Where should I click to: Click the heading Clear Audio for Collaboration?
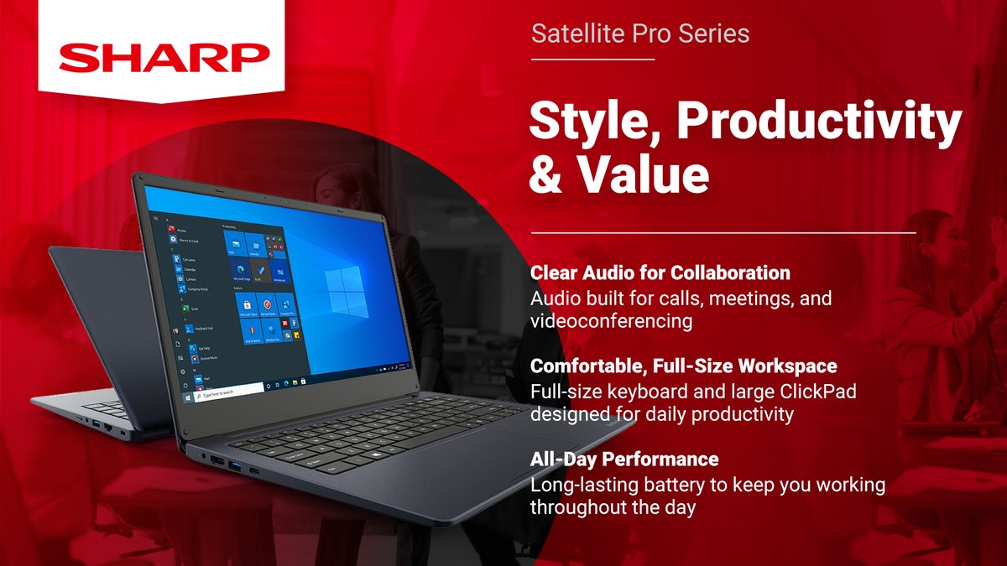pos(660,273)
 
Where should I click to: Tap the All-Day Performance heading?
pos(624,460)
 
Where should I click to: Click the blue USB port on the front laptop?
pos(233,466)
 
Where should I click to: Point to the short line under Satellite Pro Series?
pos(592,60)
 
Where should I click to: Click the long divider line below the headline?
pos(723,232)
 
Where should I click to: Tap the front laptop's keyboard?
pos(369,432)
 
